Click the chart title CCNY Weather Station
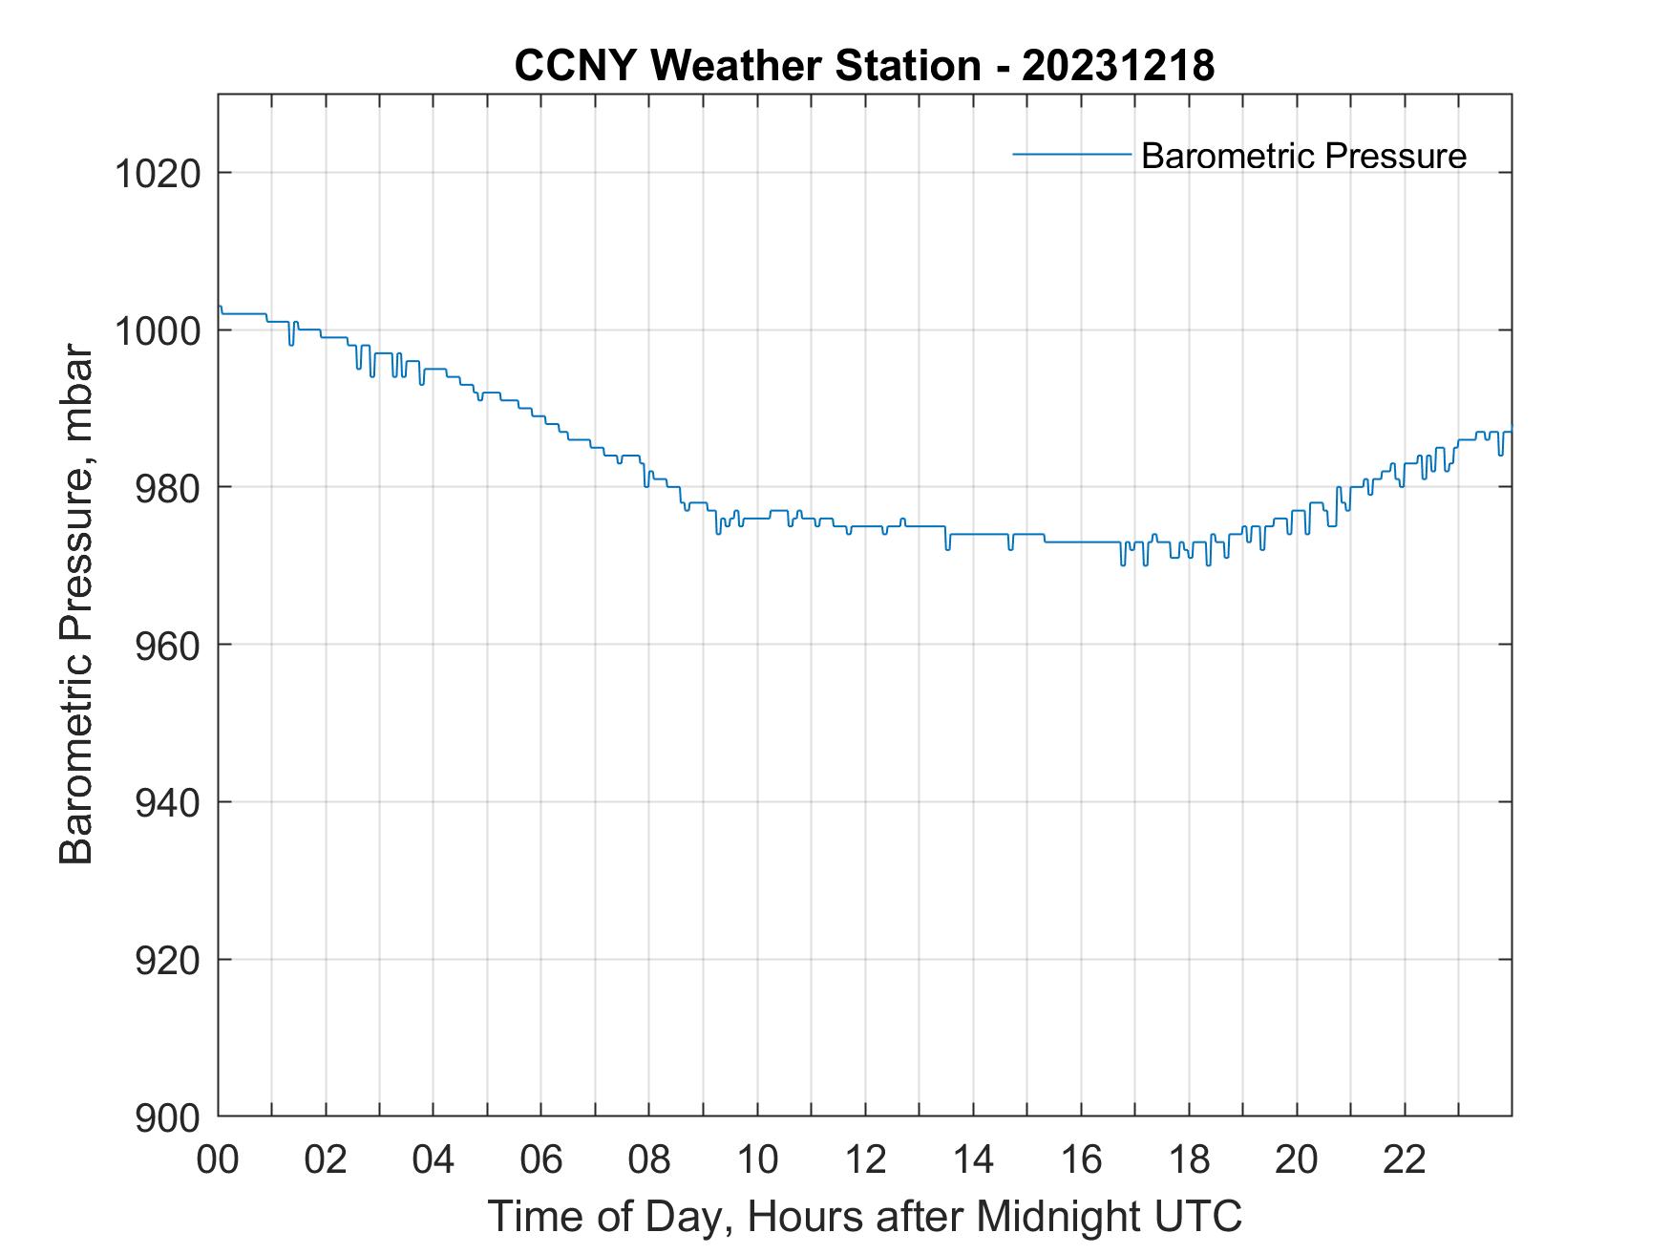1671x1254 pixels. [x=747, y=66]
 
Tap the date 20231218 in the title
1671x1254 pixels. [x=1118, y=66]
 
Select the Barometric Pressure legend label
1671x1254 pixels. [x=1303, y=156]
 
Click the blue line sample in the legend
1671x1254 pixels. [x=1071, y=154]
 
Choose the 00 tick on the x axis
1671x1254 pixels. [x=218, y=1159]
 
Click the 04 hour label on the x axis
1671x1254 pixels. [x=434, y=1159]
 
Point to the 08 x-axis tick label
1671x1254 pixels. [x=649, y=1159]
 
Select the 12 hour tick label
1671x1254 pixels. [x=865, y=1159]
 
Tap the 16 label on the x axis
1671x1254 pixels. [x=1081, y=1159]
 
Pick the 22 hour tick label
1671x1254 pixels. [x=1405, y=1159]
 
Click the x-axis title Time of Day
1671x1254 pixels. [x=864, y=1217]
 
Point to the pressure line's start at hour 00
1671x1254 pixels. [x=220, y=308]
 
